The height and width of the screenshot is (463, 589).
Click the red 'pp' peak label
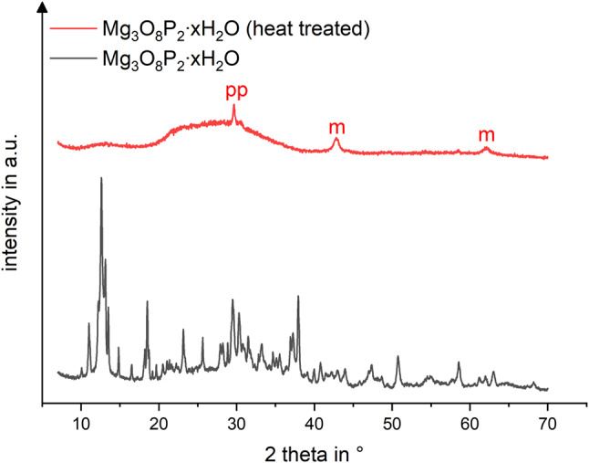[x=236, y=92]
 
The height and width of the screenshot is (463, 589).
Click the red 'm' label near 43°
[x=337, y=128]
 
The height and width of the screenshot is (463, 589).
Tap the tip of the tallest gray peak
[x=101, y=178]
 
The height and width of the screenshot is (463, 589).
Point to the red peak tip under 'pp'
[x=234, y=105]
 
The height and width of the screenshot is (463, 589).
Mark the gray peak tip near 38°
[x=298, y=297]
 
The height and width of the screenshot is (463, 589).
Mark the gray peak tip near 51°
[x=398, y=357]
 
